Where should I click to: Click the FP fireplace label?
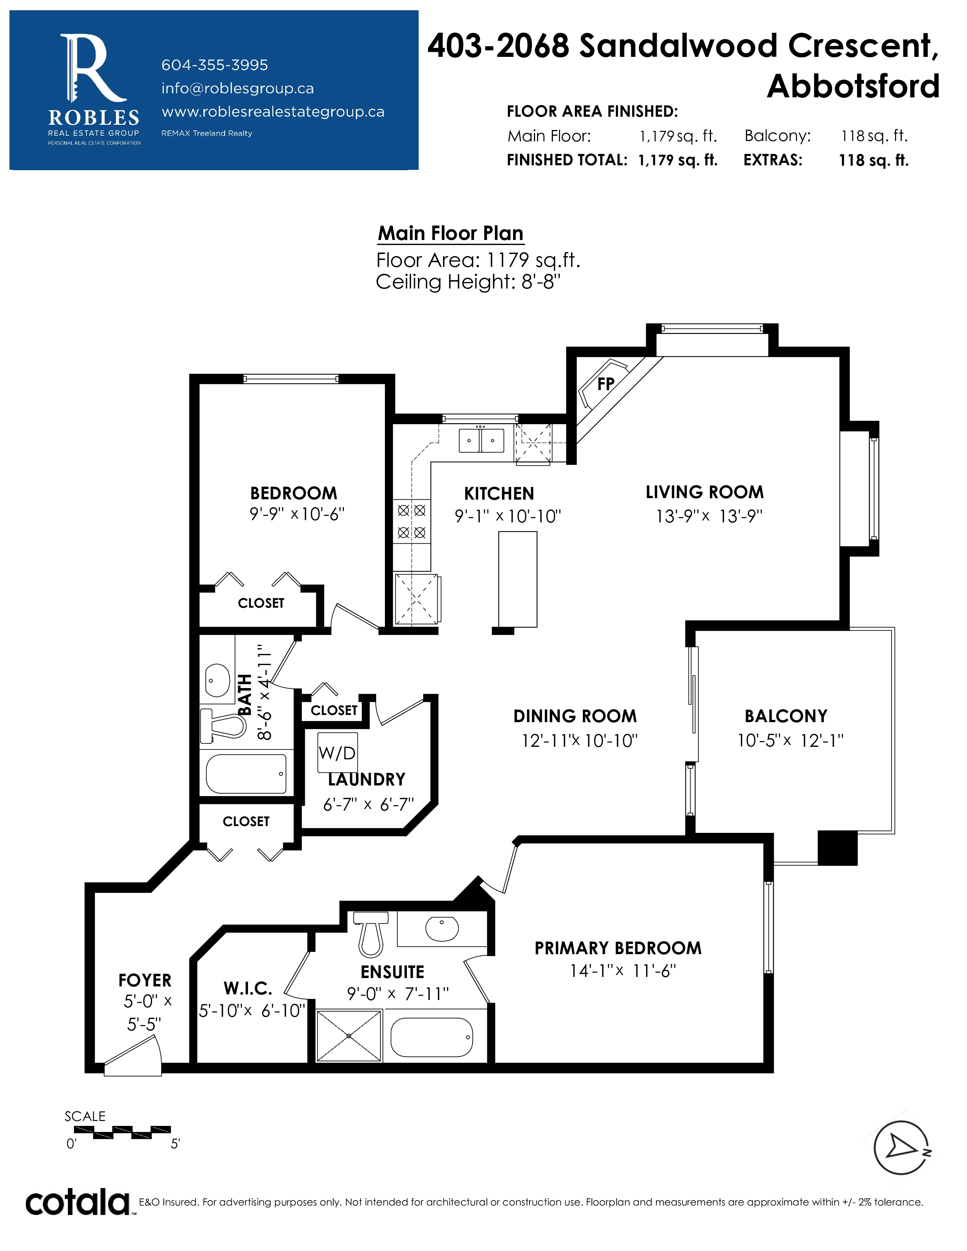coord(606,384)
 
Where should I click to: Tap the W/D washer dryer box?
coord(338,752)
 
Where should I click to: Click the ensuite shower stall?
coord(349,1036)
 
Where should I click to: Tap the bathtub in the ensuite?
coord(432,1037)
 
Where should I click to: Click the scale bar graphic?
coord(122,1132)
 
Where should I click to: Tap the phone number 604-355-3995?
coord(214,65)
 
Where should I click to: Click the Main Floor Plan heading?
coord(450,234)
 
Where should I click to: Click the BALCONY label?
coord(786,716)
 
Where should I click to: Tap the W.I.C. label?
coord(248,988)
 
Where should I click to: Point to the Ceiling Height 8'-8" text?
coord(468,282)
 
